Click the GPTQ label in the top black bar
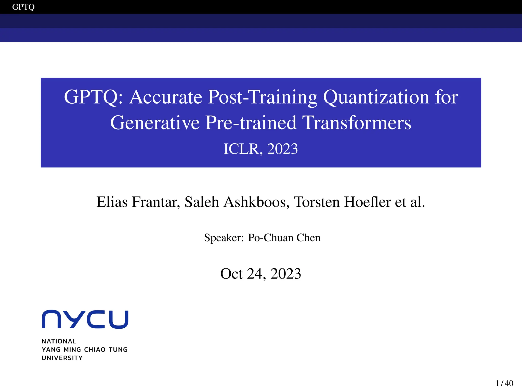(x=23, y=7)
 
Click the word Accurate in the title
(x=165, y=97)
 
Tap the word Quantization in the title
(x=376, y=97)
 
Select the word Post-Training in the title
(x=263, y=97)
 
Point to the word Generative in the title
(x=155, y=123)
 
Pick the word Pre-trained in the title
(x=251, y=123)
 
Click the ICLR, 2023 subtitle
(x=260, y=149)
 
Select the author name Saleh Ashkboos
(x=237, y=202)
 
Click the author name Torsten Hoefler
(x=342, y=202)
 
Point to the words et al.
(x=410, y=202)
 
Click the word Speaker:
(x=224, y=238)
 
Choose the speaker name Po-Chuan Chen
(x=284, y=238)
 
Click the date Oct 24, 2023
(x=260, y=274)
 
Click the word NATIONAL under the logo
(x=59, y=341)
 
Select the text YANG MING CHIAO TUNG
(x=84, y=350)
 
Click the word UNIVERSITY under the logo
(x=62, y=358)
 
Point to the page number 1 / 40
(x=504, y=383)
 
